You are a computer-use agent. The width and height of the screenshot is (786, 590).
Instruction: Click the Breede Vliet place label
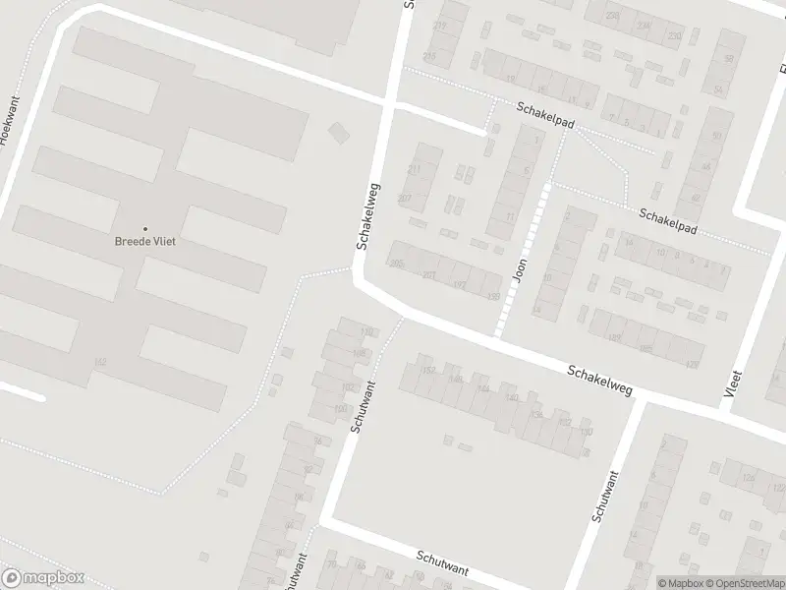click(145, 242)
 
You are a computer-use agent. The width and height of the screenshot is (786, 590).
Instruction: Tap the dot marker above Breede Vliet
click(145, 228)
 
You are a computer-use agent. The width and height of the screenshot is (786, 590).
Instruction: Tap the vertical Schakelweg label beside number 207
click(367, 215)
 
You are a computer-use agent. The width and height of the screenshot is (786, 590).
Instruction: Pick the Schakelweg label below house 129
click(598, 381)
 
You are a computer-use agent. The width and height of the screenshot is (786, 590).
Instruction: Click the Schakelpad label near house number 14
click(668, 220)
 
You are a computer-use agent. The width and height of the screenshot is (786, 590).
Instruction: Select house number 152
click(427, 371)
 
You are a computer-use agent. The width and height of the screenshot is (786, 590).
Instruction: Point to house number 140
click(512, 397)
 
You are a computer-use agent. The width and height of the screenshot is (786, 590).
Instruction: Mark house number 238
click(614, 16)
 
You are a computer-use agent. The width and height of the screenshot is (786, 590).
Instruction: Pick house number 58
click(729, 59)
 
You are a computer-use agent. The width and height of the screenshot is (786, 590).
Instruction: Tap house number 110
click(367, 330)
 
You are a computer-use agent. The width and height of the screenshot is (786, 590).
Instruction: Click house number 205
click(397, 264)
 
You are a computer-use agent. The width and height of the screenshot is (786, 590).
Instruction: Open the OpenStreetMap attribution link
click(745, 583)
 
